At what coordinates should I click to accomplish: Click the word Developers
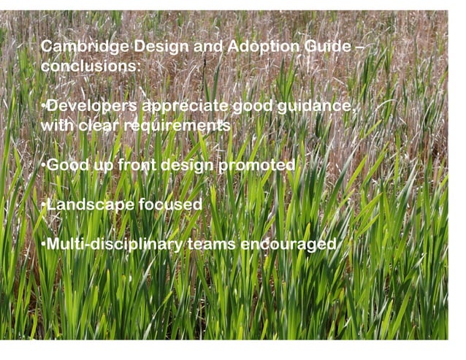(91, 107)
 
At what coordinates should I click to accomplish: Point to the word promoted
(256, 165)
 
